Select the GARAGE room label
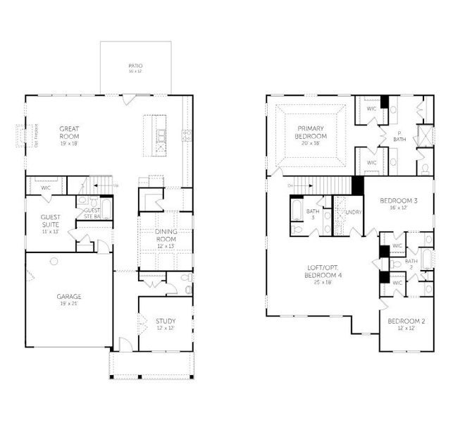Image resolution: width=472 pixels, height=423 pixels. [69, 296]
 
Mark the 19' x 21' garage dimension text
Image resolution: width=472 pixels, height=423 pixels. [69, 304]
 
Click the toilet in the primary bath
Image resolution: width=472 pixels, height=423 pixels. [425, 168]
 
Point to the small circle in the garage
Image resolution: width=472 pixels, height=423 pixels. [54, 261]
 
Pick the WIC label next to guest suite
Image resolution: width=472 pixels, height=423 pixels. [46, 188]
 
